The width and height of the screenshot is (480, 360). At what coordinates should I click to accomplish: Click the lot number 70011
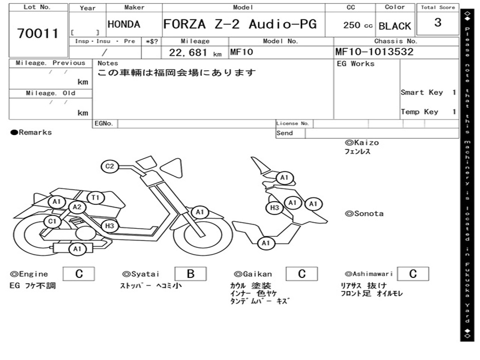point(38,33)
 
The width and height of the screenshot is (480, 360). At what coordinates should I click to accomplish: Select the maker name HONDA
point(124,24)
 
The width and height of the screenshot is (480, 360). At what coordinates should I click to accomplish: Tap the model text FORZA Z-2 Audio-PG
point(240,24)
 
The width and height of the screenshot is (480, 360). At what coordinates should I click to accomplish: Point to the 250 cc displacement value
point(358,25)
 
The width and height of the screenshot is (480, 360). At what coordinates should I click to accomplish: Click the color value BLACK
point(395,26)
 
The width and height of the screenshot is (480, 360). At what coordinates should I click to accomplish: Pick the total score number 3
point(437,22)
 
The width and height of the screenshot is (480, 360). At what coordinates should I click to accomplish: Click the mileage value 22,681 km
point(195,52)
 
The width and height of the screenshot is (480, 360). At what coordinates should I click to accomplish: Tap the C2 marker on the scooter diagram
point(110,166)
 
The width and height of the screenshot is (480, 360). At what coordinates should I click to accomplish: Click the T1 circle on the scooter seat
point(96,198)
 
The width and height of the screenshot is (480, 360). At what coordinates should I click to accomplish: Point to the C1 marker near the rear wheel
point(52,221)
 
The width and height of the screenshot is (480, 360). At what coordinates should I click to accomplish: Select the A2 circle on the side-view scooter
point(77,207)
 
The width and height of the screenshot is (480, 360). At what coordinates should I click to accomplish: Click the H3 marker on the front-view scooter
point(275,208)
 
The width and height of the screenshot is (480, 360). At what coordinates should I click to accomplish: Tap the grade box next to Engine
point(79,274)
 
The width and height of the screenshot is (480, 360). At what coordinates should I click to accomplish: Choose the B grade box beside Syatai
point(190,274)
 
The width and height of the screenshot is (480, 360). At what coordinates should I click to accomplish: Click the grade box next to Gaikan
point(302,274)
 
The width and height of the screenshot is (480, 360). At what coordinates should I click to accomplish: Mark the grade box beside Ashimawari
point(412,274)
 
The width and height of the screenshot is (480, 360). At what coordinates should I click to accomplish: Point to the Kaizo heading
point(362,142)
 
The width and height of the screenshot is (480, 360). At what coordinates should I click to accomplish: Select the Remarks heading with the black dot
point(31,133)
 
